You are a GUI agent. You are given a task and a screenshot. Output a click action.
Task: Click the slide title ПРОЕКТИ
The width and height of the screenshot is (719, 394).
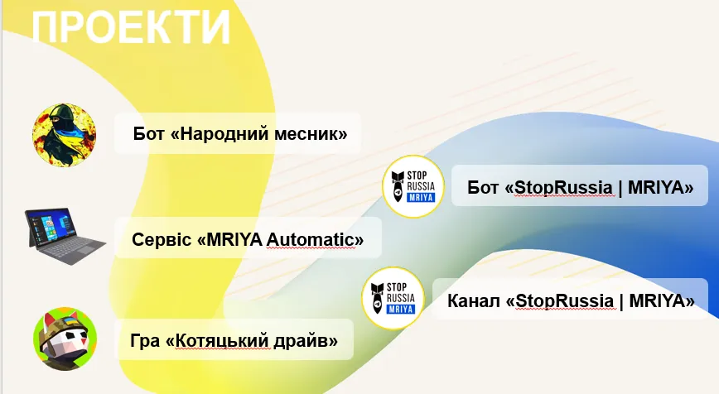pyautogui.click(x=131, y=27)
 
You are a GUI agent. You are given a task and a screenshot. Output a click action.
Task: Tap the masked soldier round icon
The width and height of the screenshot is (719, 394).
pyautogui.click(x=65, y=135)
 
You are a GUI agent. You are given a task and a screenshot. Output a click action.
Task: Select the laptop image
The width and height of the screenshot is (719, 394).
pyautogui.click(x=65, y=237)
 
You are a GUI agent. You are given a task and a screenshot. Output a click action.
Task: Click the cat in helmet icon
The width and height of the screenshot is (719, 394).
pyautogui.click(x=65, y=339)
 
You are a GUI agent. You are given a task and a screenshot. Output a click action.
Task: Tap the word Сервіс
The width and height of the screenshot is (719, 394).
pyautogui.click(x=162, y=239)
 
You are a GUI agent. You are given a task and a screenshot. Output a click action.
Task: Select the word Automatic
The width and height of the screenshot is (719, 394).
pyautogui.click(x=311, y=239)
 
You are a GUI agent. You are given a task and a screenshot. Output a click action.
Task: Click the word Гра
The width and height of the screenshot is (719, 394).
pyautogui.click(x=145, y=341)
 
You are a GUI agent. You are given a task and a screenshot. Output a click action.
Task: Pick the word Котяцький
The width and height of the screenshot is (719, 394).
pyautogui.click(x=224, y=341)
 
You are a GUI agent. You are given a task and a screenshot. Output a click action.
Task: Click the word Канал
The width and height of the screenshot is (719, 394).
pyautogui.click(x=474, y=301)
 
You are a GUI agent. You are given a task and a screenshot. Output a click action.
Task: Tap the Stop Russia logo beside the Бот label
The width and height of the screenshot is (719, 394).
pyautogui.click(x=413, y=186)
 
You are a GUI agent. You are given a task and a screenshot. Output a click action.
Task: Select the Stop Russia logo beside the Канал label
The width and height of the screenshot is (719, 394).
pyautogui.click(x=393, y=298)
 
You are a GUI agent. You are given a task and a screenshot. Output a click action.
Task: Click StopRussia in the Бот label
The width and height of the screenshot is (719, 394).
pyautogui.click(x=563, y=187)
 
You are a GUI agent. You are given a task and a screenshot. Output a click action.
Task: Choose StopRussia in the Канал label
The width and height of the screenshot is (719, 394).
pyautogui.click(x=564, y=301)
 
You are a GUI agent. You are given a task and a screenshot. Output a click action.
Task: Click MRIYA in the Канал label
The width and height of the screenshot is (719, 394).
pyautogui.click(x=658, y=301)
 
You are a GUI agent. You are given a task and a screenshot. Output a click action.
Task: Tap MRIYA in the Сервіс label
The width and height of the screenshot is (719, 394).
pyautogui.click(x=234, y=239)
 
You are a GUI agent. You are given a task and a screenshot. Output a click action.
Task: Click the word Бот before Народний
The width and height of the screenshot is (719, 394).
pyautogui.click(x=148, y=134)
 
